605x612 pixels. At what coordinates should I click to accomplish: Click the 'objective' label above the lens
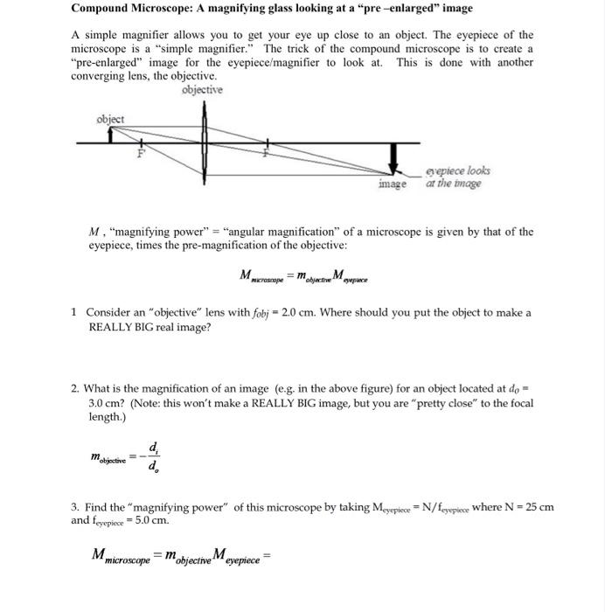[202, 90]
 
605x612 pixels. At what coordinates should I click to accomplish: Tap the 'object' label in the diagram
[111, 119]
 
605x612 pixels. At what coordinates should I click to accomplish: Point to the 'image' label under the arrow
[393, 184]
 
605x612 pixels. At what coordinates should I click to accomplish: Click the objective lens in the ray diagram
[205, 140]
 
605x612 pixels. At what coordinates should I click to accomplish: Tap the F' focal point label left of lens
[138, 154]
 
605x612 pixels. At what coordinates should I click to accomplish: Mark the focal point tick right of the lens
[269, 144]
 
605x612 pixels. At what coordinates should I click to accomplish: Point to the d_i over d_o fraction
[154, 456]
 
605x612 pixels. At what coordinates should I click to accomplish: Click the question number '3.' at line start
[76, 507]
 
